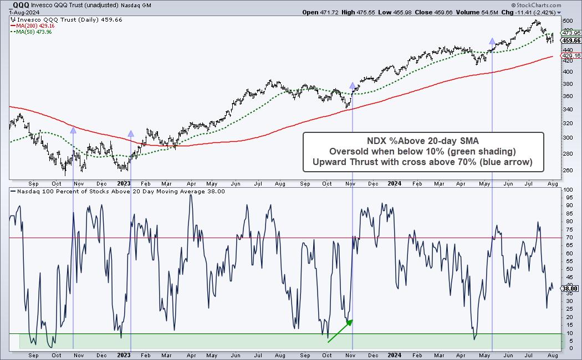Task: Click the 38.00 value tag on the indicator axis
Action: click(571, 288)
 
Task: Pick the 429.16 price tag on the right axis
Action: click(571, 56)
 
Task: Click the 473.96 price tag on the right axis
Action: click(571, 33)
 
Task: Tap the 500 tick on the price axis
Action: click(567, 20)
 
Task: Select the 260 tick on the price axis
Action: click(567, 170)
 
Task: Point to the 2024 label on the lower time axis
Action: click(394, 354)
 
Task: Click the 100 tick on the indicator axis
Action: click(567, 190)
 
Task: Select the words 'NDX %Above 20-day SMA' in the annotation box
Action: click(423, 141)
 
